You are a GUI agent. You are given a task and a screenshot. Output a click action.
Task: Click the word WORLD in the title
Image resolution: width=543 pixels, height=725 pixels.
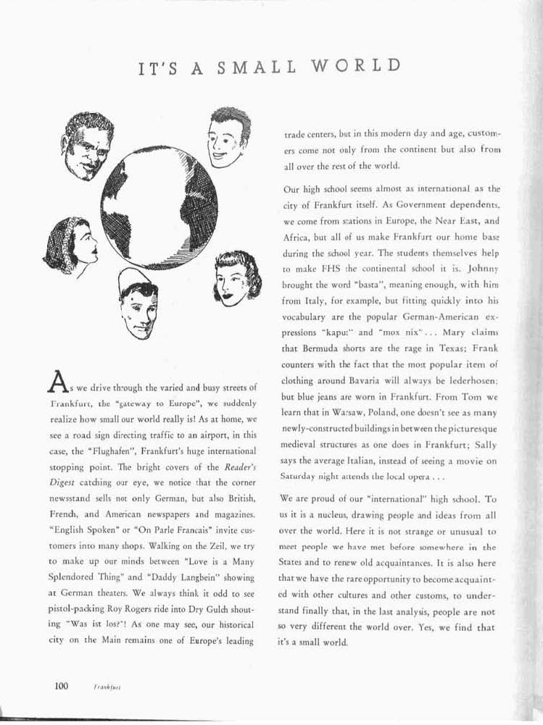pos(357,66)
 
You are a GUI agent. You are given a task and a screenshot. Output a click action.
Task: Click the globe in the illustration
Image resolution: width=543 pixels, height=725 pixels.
pos(159,208)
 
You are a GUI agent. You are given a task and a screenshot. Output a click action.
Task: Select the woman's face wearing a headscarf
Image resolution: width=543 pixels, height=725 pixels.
pos(70,245)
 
